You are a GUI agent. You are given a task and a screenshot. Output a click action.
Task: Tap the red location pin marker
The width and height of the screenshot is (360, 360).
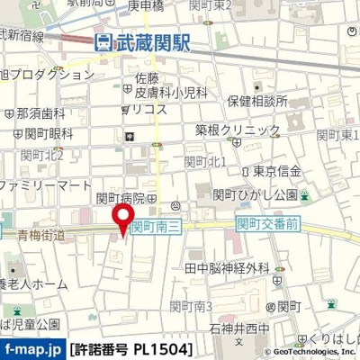point(122,219)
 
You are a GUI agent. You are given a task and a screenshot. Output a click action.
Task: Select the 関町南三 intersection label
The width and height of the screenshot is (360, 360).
point(157,229)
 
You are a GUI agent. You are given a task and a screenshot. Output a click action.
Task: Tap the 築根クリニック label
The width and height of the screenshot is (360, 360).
point(238,130)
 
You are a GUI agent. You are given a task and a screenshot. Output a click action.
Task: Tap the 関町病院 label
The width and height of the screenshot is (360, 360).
point(121,198)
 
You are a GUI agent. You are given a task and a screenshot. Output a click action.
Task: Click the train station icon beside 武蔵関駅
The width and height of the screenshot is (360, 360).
point(104,40)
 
